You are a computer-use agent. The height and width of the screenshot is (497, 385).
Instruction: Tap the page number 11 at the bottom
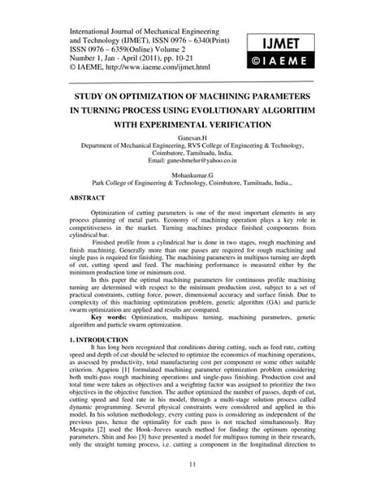[192, 465]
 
